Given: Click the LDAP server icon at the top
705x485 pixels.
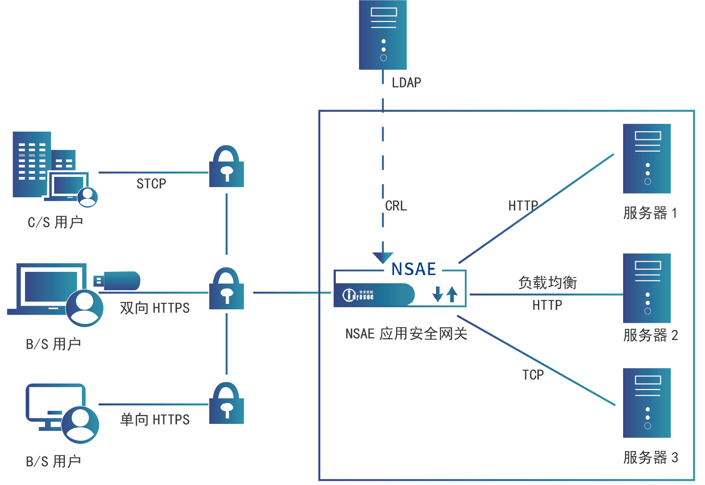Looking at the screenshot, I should coord(383,35).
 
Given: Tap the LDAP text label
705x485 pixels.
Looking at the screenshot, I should coord(406,83).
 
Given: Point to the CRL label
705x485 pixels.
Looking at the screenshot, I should coord(396,206).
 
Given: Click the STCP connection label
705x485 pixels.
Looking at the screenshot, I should coord(151,184).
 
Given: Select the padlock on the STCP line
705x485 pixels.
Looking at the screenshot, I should coord(227,167).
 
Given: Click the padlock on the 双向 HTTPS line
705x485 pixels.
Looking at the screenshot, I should coord(227,289).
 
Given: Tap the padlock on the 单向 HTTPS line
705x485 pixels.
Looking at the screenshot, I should coord(227,403).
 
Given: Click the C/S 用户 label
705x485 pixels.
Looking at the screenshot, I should coord(55,222).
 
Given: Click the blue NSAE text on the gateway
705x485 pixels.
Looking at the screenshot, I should coord(414,269).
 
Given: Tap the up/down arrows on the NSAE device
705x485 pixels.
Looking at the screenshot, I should coord(445,294).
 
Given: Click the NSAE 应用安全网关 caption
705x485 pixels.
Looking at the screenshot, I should coord(406,334).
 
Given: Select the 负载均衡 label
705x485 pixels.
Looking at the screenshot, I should coord(547,282).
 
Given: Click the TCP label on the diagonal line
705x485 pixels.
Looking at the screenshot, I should coord(533,375).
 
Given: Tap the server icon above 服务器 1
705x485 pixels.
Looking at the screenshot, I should coord(647,159).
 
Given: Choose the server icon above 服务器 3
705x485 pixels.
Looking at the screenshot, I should coord(647,403).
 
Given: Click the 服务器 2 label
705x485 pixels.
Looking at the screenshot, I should coord(650,335).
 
